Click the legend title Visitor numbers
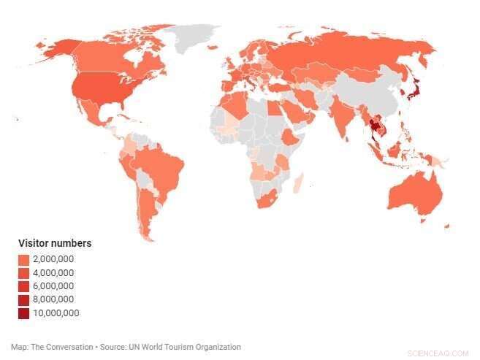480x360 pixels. point(54,243)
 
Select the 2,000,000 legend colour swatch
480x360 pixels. point(24,259)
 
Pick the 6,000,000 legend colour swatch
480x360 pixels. point(24,286)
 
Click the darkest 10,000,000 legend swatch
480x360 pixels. point(24,313)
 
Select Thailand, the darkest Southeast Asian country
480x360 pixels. point(373,126)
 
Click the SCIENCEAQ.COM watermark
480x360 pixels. point(440,353)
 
